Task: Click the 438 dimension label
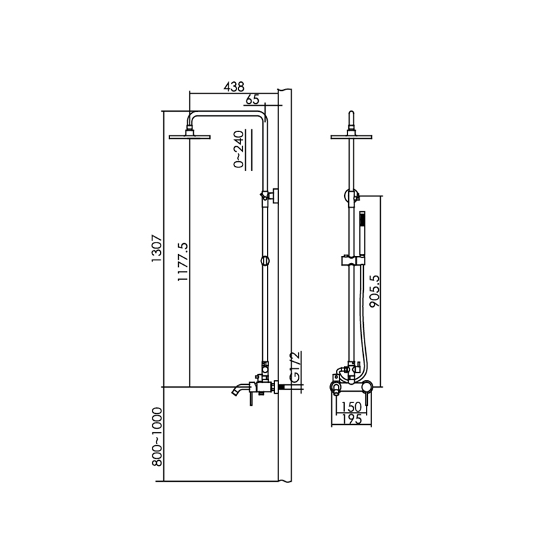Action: point(234,87)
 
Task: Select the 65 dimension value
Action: point(252,100)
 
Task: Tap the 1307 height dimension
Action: point(157,248)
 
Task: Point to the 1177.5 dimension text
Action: point(182,262)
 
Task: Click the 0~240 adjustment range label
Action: point(239,149)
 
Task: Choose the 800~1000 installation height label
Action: point(157,437)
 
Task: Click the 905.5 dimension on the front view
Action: point(375,291)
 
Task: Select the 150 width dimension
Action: point(352,407)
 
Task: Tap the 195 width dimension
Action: point(352,419)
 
